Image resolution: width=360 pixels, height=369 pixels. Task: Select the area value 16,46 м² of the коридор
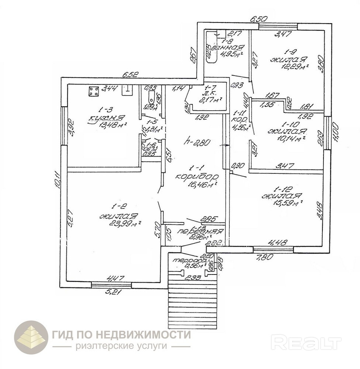pyautogui.click(x=200, y=184)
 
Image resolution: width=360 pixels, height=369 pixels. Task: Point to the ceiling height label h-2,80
pyautogui.click(x=198, y=141)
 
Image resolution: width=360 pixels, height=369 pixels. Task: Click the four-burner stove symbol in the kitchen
pyautogui.click(x=93, y=91)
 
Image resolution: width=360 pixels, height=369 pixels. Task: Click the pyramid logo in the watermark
pyautogui.click(x=31, y=337)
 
